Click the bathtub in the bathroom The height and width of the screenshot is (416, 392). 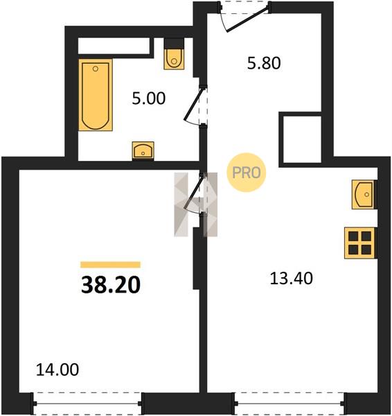(x=96, y=95)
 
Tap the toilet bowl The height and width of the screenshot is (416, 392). (x=174, y=59)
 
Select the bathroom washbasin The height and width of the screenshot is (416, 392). (x=143, y=151)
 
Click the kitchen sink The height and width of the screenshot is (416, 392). (x=364, y=194)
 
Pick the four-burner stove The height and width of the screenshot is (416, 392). (x=359, y=243)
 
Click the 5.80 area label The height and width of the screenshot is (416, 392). (x=264, y=63)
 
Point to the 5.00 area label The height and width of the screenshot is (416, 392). (x=148, y=98)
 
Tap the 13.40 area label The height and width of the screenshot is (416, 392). (x=292, y=279)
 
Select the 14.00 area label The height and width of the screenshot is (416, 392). (x=57, y=370)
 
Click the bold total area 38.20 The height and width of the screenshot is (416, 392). (x=111, y=285)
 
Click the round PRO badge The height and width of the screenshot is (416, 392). (x=247, y=173)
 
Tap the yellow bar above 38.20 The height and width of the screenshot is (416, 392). (x=111, y=265)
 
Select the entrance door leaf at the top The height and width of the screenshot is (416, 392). (x=248, y=19)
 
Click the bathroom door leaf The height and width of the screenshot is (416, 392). (x=195, y=104)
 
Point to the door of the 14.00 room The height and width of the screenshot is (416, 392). (x=195, y=191)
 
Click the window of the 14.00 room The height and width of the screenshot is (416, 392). (x=87, y=404)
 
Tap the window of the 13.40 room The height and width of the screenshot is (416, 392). (x=290, y=404)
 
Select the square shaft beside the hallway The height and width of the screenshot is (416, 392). (x=302, y=139)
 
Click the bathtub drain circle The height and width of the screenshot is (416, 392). (x=96, y=69)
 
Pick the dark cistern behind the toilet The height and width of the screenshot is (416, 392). (x=174, y=44)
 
